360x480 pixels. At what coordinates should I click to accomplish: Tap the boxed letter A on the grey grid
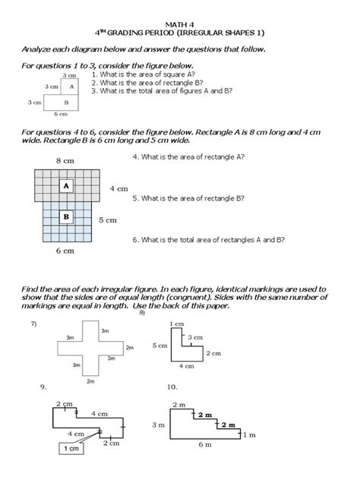click(x=67, y=185)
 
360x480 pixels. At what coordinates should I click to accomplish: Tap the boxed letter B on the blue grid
click(x=67, y=217)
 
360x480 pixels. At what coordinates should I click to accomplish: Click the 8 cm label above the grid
click(x=65, y=161)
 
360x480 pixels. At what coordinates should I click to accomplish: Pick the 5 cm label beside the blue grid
click(x=108, y=220)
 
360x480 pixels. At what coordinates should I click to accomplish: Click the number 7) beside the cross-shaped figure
click(x=34, y=324)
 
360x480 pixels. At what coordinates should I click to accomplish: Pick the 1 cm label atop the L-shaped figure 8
click(x=177, y=324)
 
